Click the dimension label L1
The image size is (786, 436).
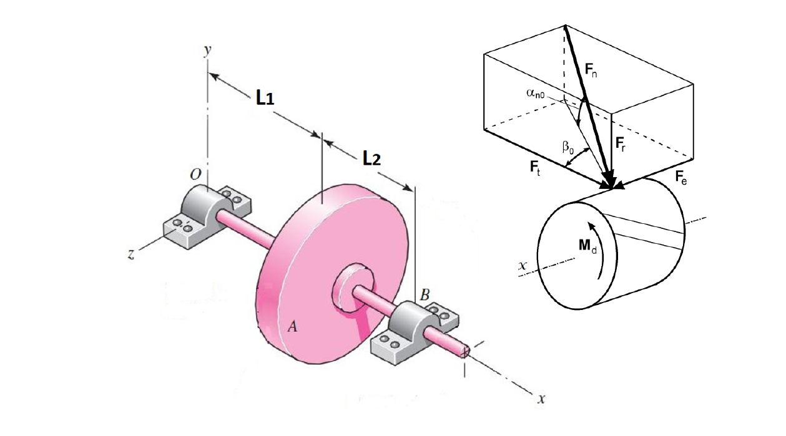[265, 99]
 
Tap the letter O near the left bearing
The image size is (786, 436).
[195, 177]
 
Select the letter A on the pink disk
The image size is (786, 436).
[291, 327]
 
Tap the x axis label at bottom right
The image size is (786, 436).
[541, 399]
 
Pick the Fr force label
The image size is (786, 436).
[622, 144]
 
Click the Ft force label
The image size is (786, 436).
[536, 167]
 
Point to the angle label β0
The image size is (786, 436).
[568, 148]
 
